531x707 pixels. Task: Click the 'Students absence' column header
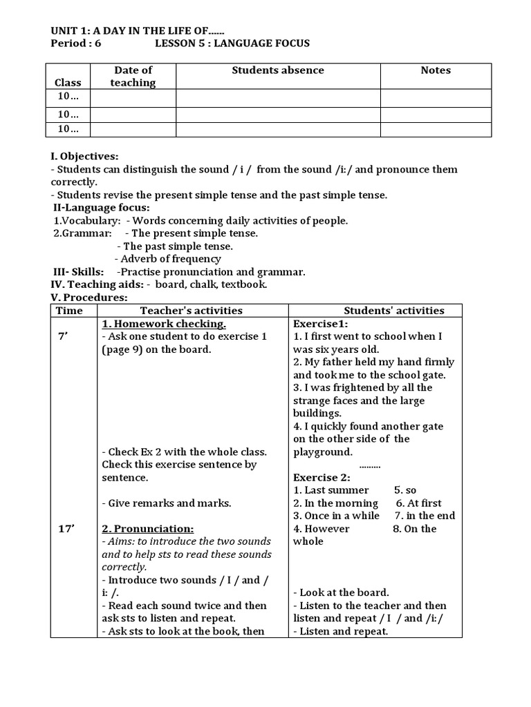(x=277, y=70)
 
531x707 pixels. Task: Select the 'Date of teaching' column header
(x=133, y=76)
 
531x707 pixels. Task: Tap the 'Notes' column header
(x=435, y=70)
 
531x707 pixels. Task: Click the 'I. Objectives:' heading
(x=84, y=157)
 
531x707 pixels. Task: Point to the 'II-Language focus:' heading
(x=102, y=208)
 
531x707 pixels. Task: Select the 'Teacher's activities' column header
(x=192, y=311)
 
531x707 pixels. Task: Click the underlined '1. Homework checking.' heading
(x=164, y=324)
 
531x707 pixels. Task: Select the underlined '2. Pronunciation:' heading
(x=148, y=529)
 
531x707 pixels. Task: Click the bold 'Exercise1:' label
(x=321, y=324)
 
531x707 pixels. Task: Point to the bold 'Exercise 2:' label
(x=322, y=478)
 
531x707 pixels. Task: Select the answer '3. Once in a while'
(x=336, y=516)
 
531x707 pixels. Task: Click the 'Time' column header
(x=69, y=311)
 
